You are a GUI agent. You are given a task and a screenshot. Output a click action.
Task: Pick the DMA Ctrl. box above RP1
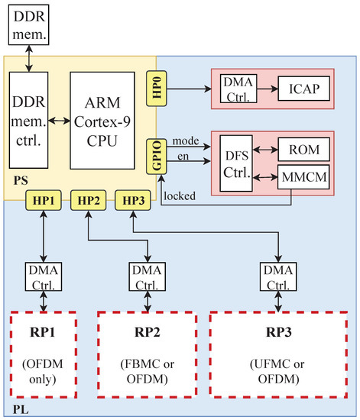click(44, 275)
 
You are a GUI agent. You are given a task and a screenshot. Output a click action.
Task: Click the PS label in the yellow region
click(21, 183)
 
